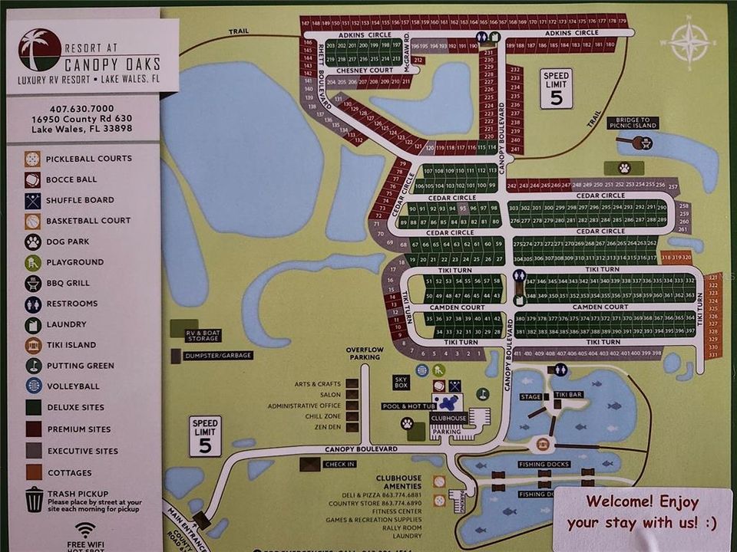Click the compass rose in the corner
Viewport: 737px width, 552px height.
click(x=689, y=41)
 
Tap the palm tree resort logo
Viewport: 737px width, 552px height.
click(x=39, y=50)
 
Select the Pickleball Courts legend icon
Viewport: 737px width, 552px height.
click(x=32, y=159)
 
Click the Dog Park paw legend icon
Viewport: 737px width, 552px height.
click(x=32, y=242)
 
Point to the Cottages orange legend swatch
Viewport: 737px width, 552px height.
click(x=32, y=473)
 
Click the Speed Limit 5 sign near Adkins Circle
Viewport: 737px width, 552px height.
click(x=556, y=88)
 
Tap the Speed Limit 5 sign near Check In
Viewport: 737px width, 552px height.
click(x=205, y=436)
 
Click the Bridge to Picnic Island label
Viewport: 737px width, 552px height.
click(x=633, y=123)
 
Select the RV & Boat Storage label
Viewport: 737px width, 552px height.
click(x=203, y=335)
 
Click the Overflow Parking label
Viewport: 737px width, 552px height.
click(x=364, y=353)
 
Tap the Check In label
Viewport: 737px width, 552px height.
click(x=339, y=464)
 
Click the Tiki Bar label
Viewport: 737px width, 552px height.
click(x=569, y=394)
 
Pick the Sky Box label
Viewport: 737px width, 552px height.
click(x=402, y=381)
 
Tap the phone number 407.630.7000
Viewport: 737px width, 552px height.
click(x=81, y=108)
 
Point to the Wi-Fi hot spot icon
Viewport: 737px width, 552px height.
click(x=85, y=529)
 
